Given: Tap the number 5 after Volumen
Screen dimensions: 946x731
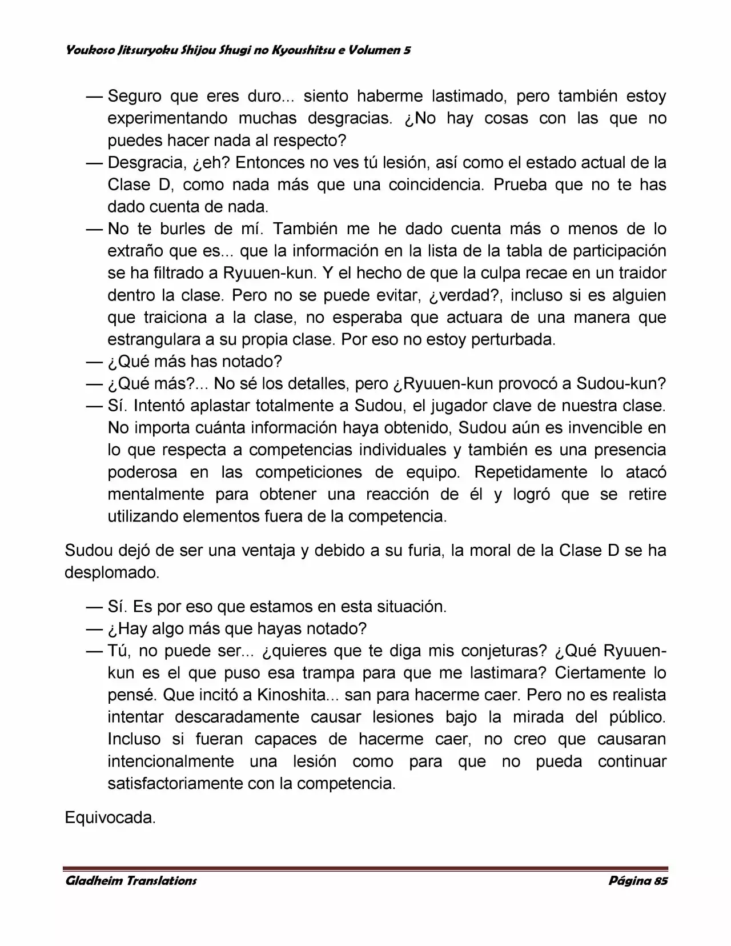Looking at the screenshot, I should click(x=407, y=50).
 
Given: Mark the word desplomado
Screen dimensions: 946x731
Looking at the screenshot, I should click(x=111, y=572).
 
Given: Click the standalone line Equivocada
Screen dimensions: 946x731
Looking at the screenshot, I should click(x=110, y=817).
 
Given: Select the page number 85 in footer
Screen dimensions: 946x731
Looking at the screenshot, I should click(x=660, y=880).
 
